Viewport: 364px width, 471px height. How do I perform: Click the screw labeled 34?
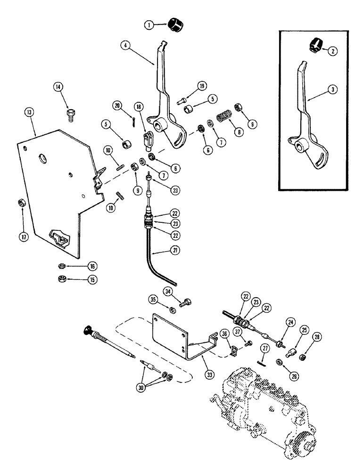click(x=188, y=300)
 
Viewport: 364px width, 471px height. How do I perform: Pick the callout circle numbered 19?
click(x=188, y=86)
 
